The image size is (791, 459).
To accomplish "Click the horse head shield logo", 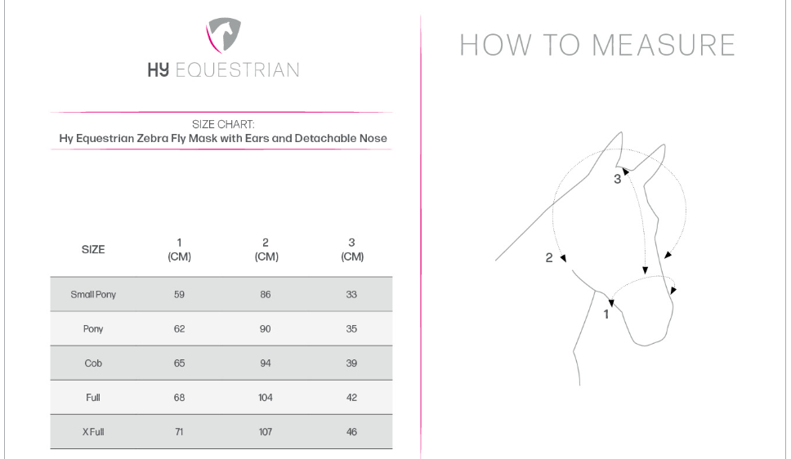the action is (223, 35).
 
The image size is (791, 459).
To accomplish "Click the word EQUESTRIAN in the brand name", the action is (237, 69).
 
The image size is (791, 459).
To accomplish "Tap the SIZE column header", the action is (93, 249).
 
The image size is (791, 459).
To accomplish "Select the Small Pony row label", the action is (93, 295).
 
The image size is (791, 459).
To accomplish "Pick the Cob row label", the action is (93, 363).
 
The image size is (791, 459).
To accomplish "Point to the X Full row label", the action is (93, 432).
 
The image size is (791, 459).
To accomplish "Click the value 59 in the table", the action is (179, 295).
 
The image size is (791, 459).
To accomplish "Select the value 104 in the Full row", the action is (266, 398).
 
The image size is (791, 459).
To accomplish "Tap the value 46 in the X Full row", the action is (351, 432).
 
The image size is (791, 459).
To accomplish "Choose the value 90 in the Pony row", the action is (266, 329).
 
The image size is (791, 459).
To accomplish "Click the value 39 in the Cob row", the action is (351, 363).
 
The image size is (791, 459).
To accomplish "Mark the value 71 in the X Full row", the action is (179, 432).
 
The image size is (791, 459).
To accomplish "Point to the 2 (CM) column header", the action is (266, 250).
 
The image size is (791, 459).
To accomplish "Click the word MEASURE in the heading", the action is (664, 45).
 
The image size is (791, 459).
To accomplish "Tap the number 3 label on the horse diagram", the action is (617, 179).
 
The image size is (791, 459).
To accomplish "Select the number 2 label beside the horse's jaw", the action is (549, 258).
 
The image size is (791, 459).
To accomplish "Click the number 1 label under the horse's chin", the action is (606, 314).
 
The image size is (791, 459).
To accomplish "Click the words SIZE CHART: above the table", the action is (223, 124).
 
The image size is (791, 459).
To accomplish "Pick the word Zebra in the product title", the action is (152, 138).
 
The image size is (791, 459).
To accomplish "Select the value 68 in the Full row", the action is (179, 398).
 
